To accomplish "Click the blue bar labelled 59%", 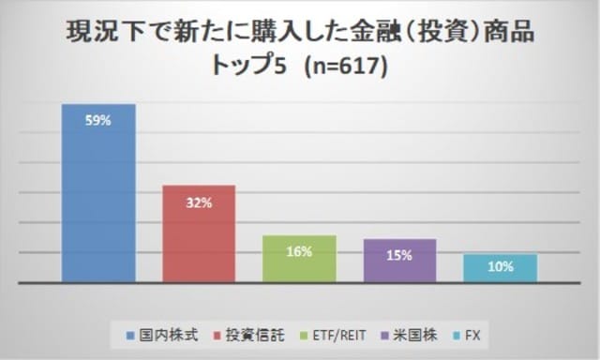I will (98, 192).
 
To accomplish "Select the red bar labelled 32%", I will (199, 233).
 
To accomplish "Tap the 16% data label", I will (299, 251).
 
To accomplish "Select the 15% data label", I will (400, 254).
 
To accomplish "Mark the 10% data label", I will (500, 266).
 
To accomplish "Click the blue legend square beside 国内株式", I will (130, 332).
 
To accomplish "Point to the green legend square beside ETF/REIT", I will (300, 332).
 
